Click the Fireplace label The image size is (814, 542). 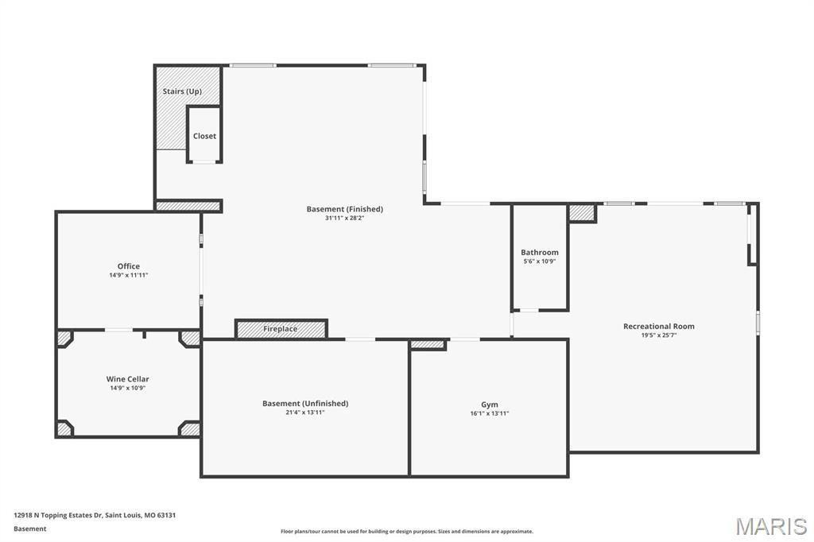(281, 329)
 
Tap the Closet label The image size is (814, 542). (204, 136)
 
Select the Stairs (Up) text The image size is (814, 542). (182, 91)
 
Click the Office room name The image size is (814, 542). (129, 266)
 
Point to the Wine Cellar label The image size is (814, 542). (128, 379)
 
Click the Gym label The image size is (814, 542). (490, 405)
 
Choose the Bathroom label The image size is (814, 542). (540, 253)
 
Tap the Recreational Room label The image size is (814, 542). (658, 326)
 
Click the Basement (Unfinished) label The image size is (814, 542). (305, 403)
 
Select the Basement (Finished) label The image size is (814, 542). (345, 209)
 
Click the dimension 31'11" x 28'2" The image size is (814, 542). (345, 218)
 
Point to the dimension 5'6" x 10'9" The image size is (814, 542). (540, 261)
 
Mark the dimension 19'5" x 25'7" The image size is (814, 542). (658, 335)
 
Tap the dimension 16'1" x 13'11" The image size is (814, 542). (490, 413)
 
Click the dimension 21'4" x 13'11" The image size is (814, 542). (305, 412)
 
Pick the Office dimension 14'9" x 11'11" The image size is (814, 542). (129, 275)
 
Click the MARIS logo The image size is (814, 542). (771, 526)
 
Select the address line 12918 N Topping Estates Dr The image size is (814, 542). (95, 515)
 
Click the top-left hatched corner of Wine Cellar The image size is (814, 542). (64, 339)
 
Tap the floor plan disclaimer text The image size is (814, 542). (407, 532)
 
